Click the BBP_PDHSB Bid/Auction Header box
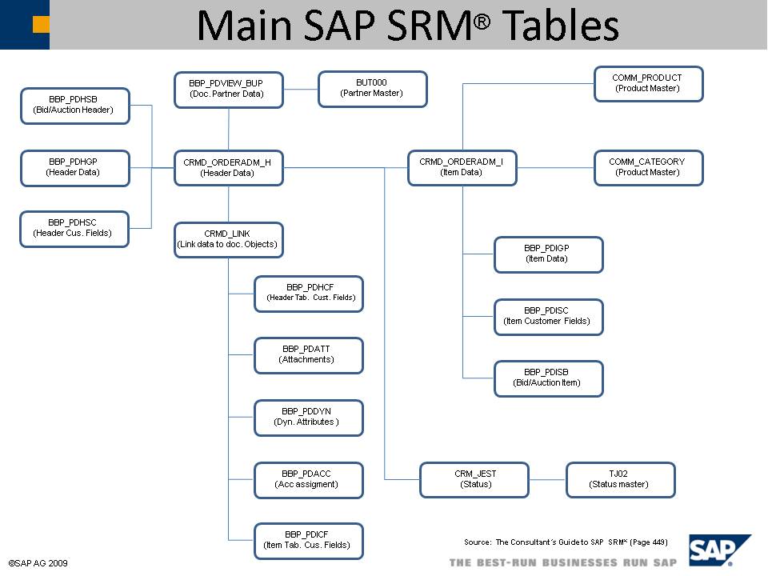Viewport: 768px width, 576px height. pyautogui.click(x=74, y=106)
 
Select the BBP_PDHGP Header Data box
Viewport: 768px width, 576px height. pyautogui.click(x=74, y=168)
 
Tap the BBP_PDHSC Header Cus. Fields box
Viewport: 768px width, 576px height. pyautogui.click(x=74, y=229)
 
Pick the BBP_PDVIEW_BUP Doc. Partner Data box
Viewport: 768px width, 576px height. pyautogui.click(x=228, y=90)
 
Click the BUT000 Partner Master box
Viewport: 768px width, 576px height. pyautogui.click(x=372, y=89)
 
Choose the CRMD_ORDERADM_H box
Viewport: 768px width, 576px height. pyautogui.click(x=228, y=168)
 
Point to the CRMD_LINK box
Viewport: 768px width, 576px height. pyautogui.click(x=228, y=240)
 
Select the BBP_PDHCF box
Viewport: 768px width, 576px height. pyautogui.click(x=308, y=294)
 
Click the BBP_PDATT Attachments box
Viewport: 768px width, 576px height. pyautogui.click(x=308, y=355)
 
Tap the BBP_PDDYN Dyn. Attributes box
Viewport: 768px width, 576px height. pyautogui.click(x=308, y=418)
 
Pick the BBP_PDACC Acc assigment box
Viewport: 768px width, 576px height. pyautogui.click(x=308, y=479)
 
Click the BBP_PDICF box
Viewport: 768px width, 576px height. pyautogui.click(x=308, y=541)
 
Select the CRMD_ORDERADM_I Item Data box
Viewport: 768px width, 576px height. pyautogui.click(x=462, y=168)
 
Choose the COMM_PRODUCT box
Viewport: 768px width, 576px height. pyautogui.click(x=648, y=84)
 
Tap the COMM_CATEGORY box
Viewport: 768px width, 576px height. pyautogui.click(x=648, y=168)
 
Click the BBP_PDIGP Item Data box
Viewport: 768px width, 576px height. pyautogui.click(x=548, y=254)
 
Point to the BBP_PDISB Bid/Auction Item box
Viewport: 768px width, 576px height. pyautogui.click(x=548, y=378)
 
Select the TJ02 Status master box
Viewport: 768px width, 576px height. pyautogui.click(x=620, y=479)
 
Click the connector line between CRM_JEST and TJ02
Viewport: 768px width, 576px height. pyautogui.click(x=547, y=480)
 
